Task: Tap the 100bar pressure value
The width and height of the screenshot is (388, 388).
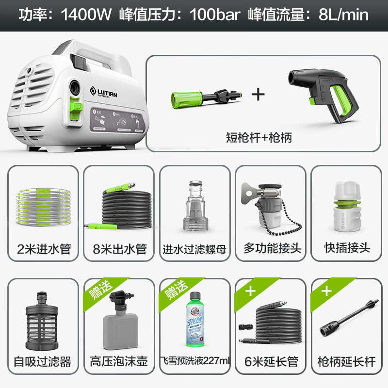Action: tap(215, 15)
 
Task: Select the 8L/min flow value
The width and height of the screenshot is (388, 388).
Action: tap(343, 15)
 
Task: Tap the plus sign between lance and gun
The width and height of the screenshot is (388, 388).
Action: tap(258, 94)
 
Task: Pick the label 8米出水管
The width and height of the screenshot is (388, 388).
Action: tap(119, 249)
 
